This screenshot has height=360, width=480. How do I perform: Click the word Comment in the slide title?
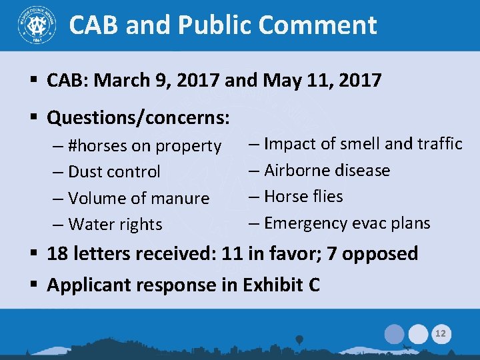[317, 25]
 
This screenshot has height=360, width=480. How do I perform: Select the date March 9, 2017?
[159, 81]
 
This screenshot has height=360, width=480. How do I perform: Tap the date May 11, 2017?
[323, 81]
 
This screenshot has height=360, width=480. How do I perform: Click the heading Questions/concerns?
[139, 119]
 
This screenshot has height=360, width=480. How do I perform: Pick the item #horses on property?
[145, 145]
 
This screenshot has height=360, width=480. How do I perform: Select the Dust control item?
[114, 171]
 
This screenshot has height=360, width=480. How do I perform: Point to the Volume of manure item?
[139, 198]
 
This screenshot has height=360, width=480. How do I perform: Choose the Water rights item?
[115, 225]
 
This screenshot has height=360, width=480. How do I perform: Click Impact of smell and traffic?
[356, 143]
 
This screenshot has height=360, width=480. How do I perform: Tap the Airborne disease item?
[319, 170]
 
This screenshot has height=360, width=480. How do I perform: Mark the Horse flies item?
[296, 197]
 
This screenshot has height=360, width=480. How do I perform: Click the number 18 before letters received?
[57, 254]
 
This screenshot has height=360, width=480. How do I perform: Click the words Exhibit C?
[280, 285]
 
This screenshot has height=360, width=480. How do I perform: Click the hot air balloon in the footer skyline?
[300, 339]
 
